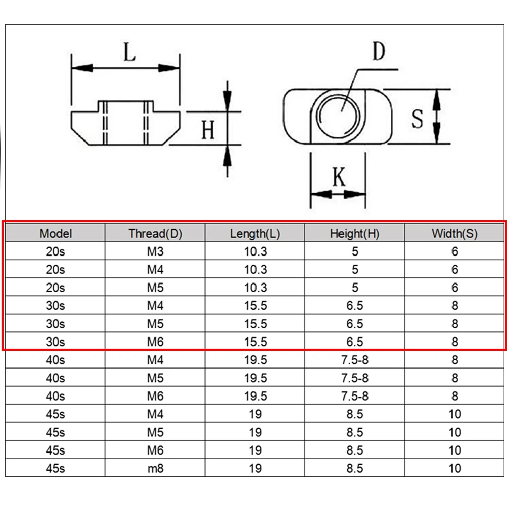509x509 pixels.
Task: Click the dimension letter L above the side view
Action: (129, 52)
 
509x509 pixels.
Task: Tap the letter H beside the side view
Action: (208, 129)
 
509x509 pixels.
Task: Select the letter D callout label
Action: (379, 51)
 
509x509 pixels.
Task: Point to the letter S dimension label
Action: (417, 119)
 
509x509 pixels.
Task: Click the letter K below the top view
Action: (339, 177)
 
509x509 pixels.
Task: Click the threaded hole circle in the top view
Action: (338, 116)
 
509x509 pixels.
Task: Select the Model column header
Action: (55, 234)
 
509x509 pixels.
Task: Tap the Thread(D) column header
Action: (155, 234)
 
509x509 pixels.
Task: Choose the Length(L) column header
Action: (255, 234)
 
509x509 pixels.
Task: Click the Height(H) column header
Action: (355, 234)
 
